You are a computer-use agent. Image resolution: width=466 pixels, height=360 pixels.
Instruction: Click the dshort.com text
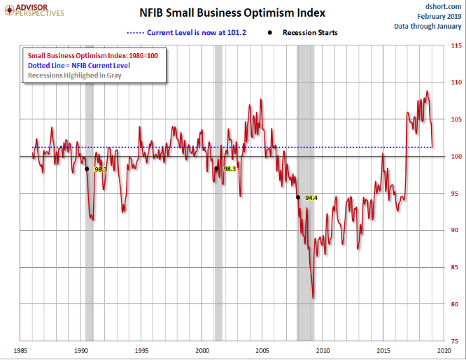tap(441, 6)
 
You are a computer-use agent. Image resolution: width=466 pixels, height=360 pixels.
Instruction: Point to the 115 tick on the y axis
tap(456, 46)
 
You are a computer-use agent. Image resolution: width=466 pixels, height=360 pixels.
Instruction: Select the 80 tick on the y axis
tap(456, 304)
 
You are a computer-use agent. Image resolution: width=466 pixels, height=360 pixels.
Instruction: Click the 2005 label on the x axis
tap(262, 350)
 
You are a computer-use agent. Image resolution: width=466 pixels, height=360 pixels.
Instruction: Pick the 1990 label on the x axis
tap(81, 350)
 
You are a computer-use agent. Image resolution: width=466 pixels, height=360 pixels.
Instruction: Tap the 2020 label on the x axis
tap(444, 350)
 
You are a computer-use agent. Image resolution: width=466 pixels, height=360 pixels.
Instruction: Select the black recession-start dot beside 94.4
tap(298, 198)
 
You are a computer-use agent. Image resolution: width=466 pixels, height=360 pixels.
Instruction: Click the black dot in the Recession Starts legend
tap(269, 32)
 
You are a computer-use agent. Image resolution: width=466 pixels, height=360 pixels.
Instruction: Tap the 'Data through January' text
tap(428, 26)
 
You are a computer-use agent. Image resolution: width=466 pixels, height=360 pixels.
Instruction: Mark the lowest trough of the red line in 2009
tap(313, 298)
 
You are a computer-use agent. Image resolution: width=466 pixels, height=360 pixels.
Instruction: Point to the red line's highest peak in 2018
tap(427, 92)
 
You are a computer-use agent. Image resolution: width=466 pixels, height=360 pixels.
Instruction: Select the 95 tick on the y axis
tap(456, 194)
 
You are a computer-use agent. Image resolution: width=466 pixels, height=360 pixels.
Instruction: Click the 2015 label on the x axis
tap(383, 350)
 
